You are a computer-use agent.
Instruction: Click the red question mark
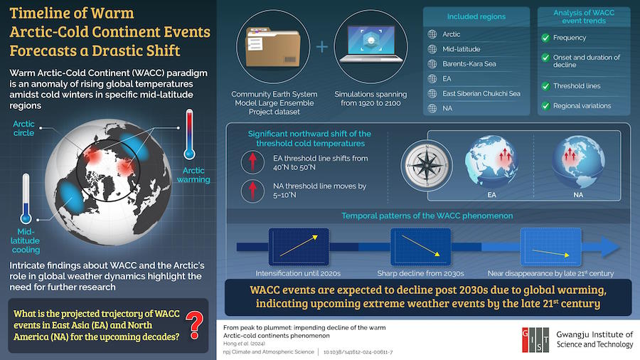click(195, 325)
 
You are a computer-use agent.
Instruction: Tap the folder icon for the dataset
click(272, 46)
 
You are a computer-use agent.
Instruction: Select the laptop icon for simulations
click(370, 44)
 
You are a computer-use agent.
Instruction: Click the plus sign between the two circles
click(321, 46)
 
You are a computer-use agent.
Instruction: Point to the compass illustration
click(427, 165)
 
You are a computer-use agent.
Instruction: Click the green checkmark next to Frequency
click(545, 38)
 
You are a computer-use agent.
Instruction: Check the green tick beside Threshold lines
click(545, 86)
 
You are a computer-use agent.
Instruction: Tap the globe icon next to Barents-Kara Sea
click(432, 63)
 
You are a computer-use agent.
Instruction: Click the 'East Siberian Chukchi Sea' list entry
click(481, 93)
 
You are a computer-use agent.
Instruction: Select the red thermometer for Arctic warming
click(189, 134)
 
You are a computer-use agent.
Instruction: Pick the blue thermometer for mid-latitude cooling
click(26, 198)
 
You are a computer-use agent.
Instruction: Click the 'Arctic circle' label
click(23, 128)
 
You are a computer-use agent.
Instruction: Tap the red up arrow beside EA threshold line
click(252, 162)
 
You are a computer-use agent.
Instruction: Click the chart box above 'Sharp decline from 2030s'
click(420, 247)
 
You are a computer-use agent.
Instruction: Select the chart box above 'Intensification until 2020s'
click(299, 247)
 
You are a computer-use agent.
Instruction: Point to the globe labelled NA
click(578, 162)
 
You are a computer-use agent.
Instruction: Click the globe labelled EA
click(491, 162)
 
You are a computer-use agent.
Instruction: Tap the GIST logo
click(535, 339)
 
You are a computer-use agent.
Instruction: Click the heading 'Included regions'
click(476, 17)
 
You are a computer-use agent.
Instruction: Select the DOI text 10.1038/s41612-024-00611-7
click(358, 352)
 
